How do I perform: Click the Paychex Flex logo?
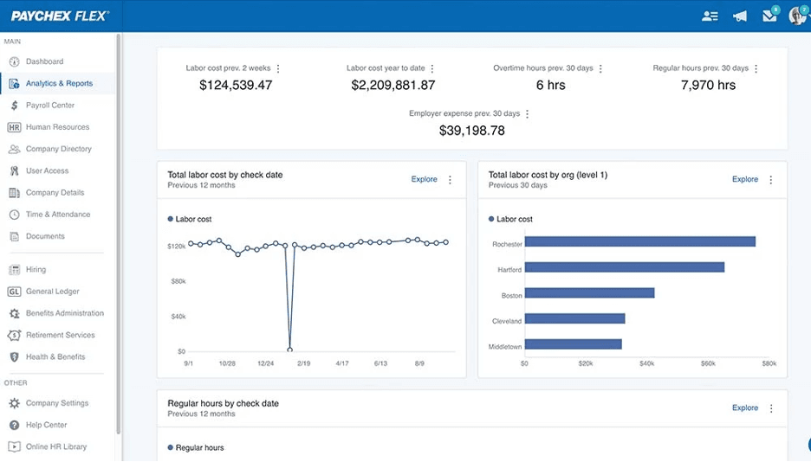60,16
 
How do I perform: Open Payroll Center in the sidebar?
50,106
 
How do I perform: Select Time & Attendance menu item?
57,215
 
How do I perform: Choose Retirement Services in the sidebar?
60,335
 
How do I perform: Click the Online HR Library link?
55,446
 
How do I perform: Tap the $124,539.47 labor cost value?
236,85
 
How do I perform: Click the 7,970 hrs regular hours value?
708,85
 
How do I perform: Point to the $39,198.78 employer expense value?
471,131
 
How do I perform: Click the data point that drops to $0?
289,350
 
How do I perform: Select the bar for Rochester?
639,241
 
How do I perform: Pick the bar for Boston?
589,293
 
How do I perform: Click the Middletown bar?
573,344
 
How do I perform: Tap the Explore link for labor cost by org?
744,179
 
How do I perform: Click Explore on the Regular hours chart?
744,407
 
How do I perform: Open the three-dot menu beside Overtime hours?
600,68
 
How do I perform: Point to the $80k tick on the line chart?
177,281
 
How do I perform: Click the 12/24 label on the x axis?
265,364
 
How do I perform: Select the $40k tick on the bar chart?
646,364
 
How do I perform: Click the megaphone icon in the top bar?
739,16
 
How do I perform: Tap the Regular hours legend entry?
199,447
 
